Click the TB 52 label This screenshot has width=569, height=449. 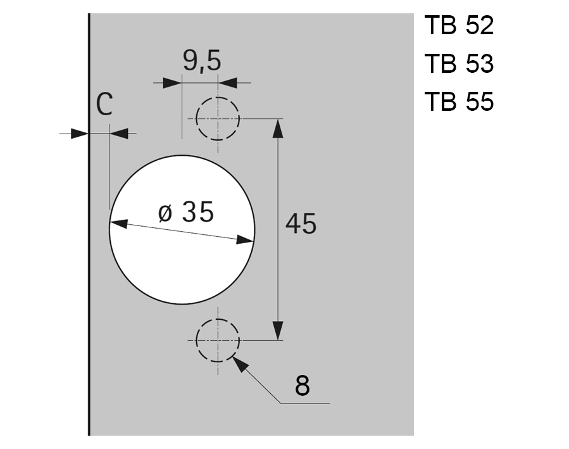click(459, 26)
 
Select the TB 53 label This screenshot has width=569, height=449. click(459, 64)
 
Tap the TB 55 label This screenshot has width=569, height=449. click(459, 101)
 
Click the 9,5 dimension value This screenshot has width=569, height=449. click(202, 61)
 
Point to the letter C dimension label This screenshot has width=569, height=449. click(104, 104)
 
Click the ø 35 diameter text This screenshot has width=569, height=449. click(185, 212)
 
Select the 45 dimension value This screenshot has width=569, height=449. click(301, 224)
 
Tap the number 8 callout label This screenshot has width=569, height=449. click(303, 385)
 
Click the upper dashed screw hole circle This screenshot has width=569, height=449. click(218, 118)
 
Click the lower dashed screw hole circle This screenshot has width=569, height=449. click(218, 339)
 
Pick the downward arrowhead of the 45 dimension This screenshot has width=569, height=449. click(277, 330)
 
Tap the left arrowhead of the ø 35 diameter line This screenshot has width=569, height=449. click(119, 224)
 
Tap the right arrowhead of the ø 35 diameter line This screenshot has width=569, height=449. click(246, 239)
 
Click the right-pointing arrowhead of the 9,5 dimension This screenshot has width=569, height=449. click(172, 83)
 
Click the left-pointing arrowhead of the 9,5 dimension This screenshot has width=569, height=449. click(227, 83)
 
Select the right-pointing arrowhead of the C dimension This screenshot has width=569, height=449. click(79, 134)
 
